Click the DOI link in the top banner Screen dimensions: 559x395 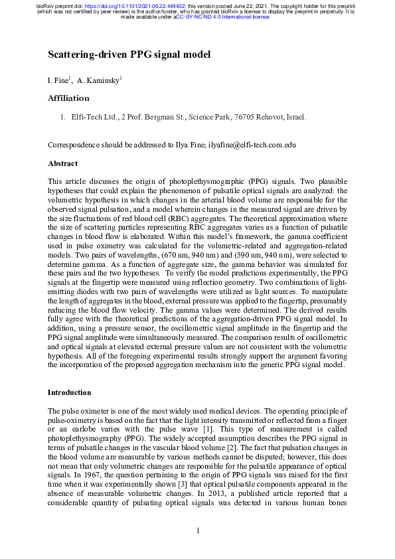pyautogui.click(x=133, y=5)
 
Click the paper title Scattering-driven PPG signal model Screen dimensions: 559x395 pyautogui.click(x=129, y=54)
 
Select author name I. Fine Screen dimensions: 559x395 pyautogui.click(x=58, y=80)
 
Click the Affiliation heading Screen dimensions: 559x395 pyautogui.click(x=68, y=98)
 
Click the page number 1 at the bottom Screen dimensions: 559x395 pyautogui.click(x=198, y=530)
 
